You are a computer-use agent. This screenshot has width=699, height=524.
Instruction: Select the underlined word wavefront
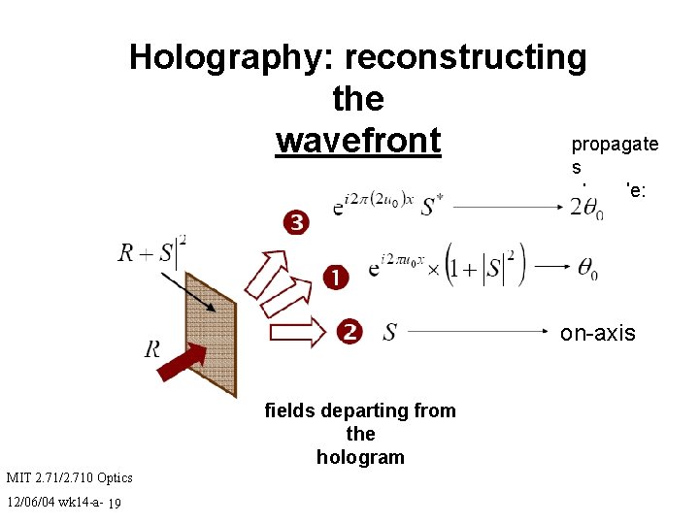[x=358, y=141]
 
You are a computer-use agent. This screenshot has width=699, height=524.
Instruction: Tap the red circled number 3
[x=296, y=223]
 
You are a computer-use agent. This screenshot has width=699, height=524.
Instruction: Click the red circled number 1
[x=336, y=278]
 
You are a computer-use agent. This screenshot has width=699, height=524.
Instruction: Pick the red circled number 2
[x=350, y=332]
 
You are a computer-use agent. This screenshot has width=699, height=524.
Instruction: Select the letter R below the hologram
[x=152, y=347]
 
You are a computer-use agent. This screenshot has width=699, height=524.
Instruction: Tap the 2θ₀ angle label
[x=586, y=208]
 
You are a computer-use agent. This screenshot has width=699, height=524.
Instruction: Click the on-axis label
[x=597, y=333]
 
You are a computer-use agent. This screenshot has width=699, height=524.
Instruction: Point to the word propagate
[x=615, y=145]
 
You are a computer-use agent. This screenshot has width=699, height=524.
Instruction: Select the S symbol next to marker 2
[x=389, y=333]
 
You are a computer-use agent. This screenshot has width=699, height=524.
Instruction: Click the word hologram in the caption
[x=359, y=457]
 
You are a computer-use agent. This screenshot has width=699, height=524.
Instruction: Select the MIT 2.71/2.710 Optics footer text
[x=69, y=477]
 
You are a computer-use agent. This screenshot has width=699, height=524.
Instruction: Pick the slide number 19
[x=115, y=503]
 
